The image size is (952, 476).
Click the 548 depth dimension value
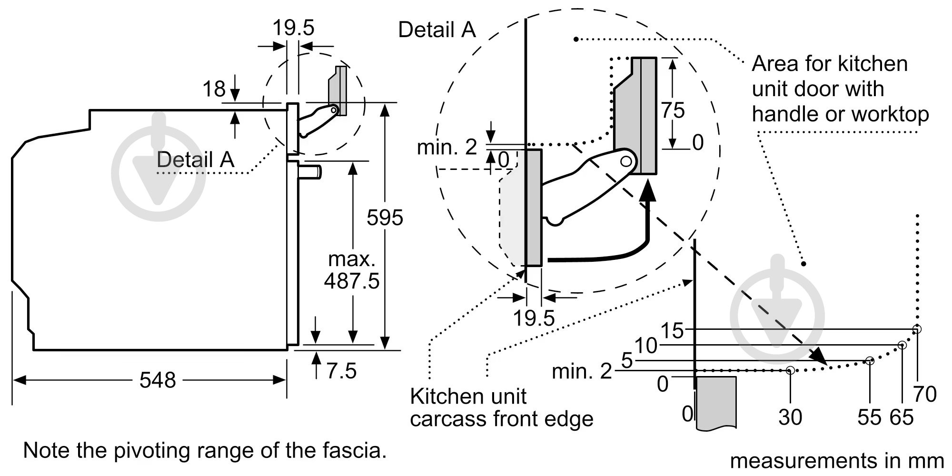click(x=158, y=380)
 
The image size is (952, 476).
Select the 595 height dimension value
click(x=385, y=218)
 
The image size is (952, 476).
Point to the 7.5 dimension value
click(x=341, y=371)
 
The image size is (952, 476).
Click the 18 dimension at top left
click(x=214, y=89)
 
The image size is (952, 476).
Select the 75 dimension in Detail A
click(x=673, y=110)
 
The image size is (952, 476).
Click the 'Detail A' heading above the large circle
click(x=436, y=30)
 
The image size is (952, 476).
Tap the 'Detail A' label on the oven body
click(x=195, y=159)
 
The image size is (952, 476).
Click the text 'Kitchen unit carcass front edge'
click(x=501, y=408)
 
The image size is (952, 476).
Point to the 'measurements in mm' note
click(x=836, y=461)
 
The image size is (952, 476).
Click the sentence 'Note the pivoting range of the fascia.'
click(x=205, y=450)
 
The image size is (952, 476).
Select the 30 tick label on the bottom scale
click(x=790, y=417)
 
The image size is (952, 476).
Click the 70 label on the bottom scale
click(x=925, y=394)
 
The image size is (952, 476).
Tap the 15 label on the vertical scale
click(x=672, y=330)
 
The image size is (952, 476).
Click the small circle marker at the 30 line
click(x=790, y=370)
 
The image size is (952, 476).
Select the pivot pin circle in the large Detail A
click(x=626, y=162)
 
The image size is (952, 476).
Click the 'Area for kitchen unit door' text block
click(x=840, y=89)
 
